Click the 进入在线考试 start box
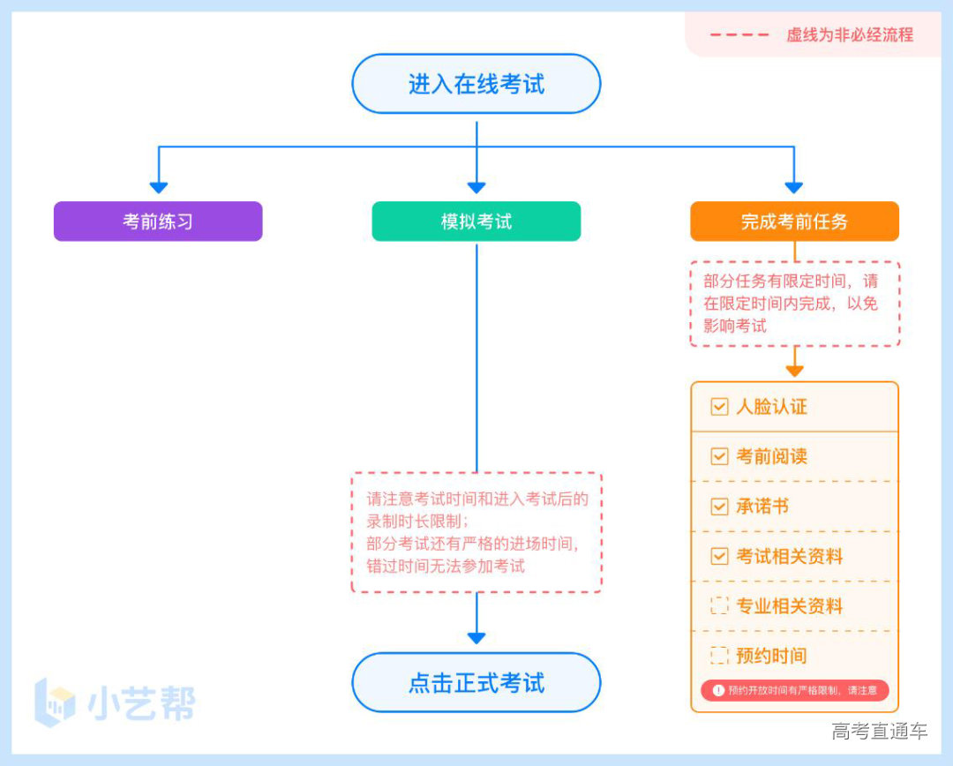[476, 84]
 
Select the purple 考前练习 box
[158, 222]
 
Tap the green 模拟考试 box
[476, 222]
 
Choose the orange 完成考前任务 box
[794, 222]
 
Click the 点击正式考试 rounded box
[476, 682]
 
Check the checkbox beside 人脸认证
[719, 407]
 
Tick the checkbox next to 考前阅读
[719, 456]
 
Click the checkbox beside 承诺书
[719, 507]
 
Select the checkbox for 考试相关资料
[719, 557]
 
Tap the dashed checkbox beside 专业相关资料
[719, 606]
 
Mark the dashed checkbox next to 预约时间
[719, 656]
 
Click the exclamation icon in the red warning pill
[718, 690]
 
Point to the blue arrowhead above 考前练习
[158, 187]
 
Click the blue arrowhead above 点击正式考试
[476, 637]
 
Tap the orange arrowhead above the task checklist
[794, 371]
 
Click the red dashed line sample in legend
[739, 35]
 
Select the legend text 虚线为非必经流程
[850, 35]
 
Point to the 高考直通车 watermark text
[880, 731]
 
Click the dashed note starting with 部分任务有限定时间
[794, 304]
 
